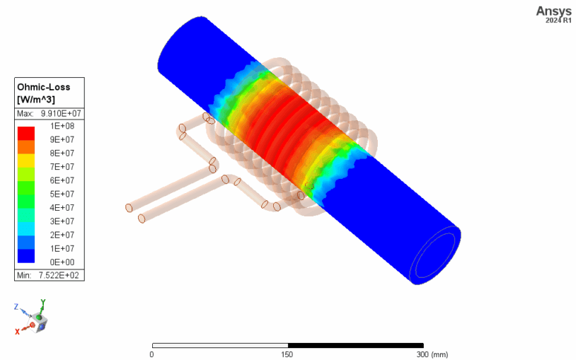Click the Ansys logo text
[x=553, y=11]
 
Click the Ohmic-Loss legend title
[x=45, y=87]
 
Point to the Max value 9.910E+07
[x=60, y=113]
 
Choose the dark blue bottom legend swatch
[x=26, y=255]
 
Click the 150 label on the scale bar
[x=287, y=354]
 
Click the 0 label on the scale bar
[x=152, y=354]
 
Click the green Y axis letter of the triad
[x=43, y=302]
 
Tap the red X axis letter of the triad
[x=18, y=331]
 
